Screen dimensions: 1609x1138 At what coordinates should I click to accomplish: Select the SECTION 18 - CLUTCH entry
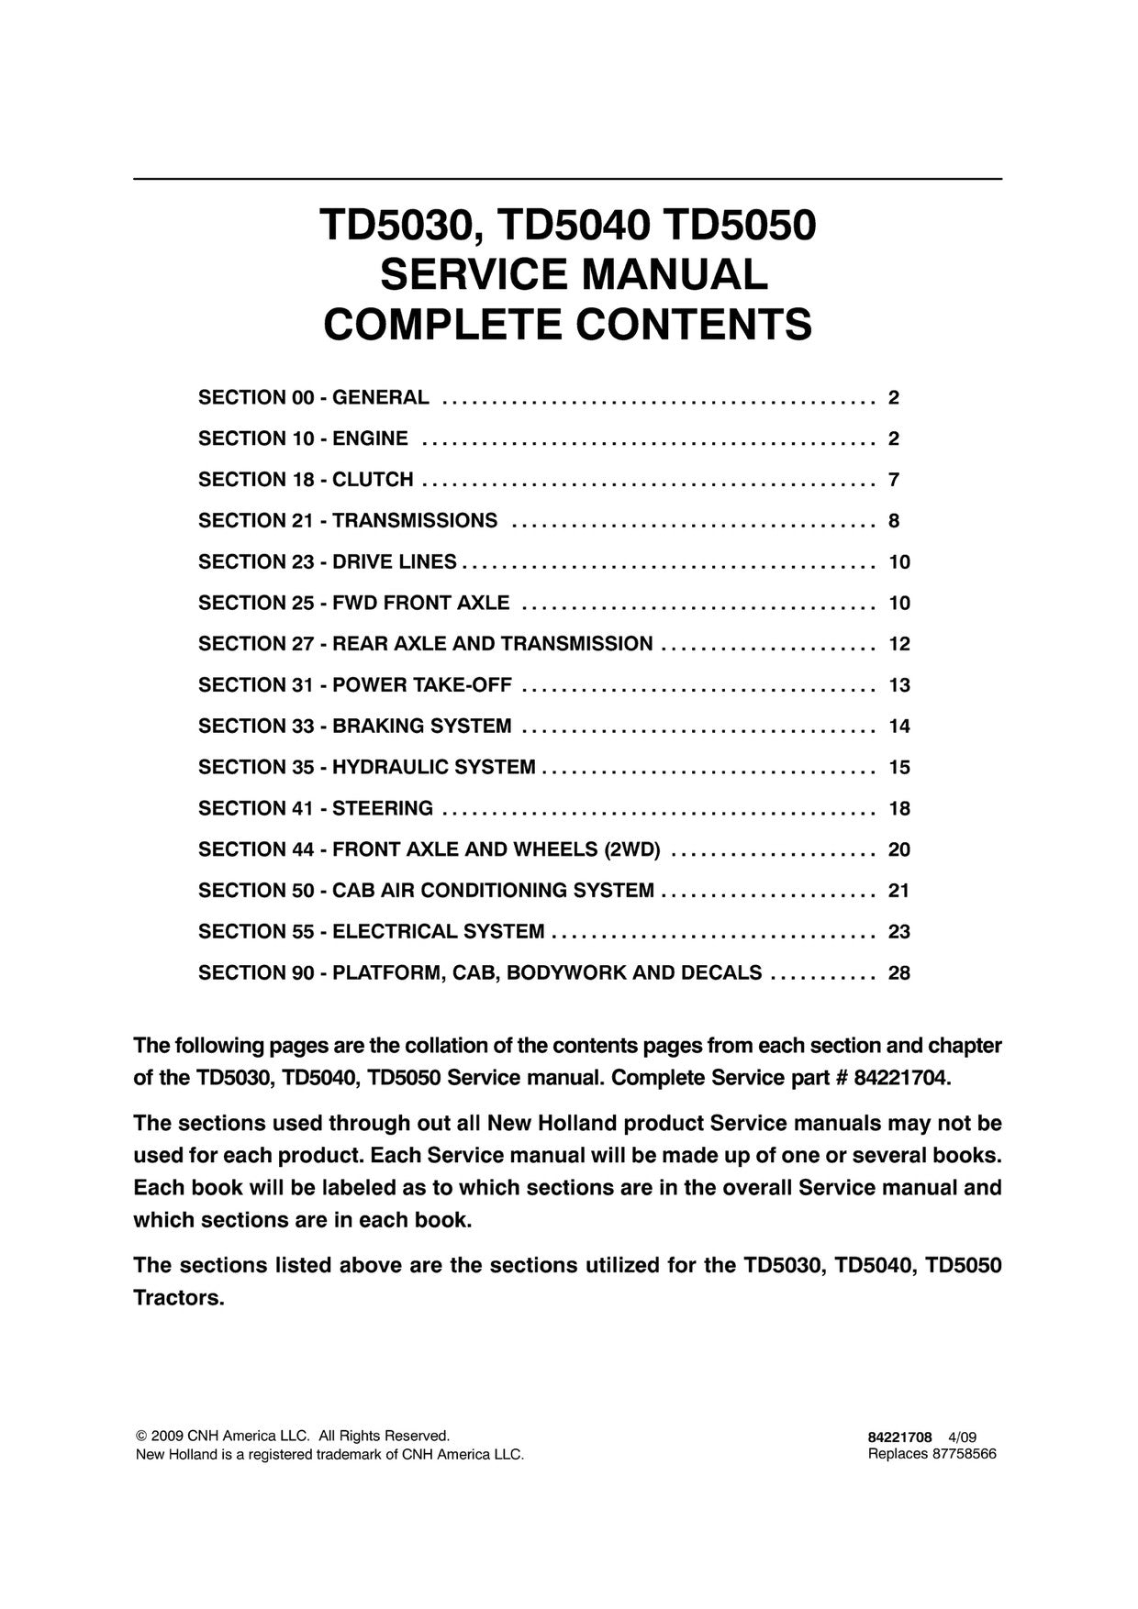coord(306,480)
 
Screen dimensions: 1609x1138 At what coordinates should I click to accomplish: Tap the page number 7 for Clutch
coord(894,480)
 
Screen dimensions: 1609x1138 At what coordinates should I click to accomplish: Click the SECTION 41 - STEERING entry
coord(316,808)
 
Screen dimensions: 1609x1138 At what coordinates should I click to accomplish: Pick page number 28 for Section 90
coord(898,972)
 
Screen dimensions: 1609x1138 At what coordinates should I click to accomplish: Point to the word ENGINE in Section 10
coord(370,438)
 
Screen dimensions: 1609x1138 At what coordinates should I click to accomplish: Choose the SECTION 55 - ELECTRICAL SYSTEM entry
coord(371,932)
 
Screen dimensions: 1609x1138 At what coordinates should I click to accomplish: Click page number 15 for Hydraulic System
coord(898,767)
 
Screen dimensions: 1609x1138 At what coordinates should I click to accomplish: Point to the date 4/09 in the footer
coord(963,1437)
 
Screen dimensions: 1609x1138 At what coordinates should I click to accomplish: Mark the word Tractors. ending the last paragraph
coord(179,1299)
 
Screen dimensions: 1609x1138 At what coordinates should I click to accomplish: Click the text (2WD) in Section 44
coord(632,849)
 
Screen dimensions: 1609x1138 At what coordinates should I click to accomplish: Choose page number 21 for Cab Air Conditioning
coord(898,891)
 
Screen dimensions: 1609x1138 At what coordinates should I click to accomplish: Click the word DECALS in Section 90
coord(720,972)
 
